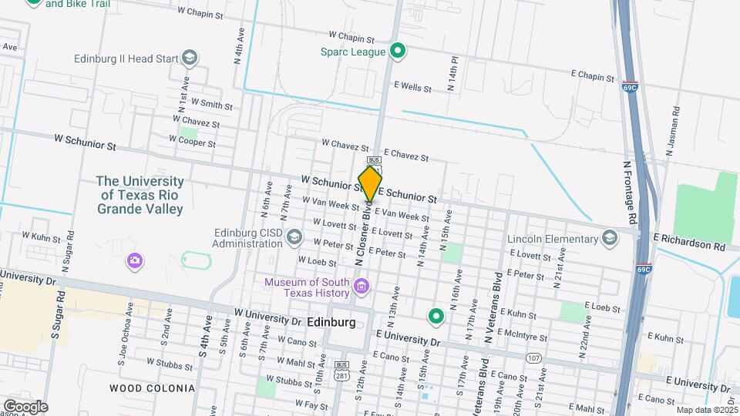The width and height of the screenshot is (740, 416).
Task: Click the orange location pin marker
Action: click(370, 184)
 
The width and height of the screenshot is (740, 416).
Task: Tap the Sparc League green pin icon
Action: click(398, 52)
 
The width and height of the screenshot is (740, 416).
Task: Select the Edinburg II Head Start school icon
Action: click(190, 58)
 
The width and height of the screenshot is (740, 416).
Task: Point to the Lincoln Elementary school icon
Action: click(611, 237)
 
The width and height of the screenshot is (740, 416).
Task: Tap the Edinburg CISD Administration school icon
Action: click(294, 239)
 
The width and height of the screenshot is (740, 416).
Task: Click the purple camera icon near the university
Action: click(135, 260)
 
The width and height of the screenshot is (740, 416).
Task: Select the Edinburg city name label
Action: click(331, 322)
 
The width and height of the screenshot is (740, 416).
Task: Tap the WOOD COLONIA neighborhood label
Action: click(152, 388)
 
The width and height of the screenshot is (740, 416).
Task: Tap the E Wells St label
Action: click(412, 87)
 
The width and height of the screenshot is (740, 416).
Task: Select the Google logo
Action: click(25, 406)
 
